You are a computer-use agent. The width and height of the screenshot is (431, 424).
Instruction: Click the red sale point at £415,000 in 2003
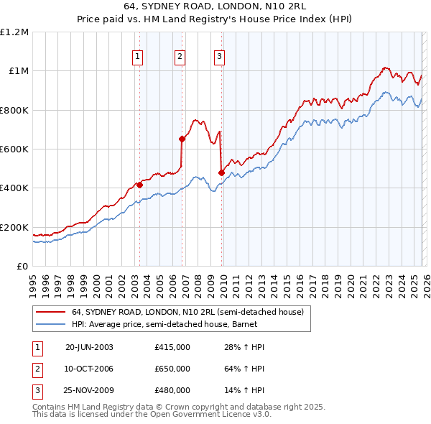[140, 185]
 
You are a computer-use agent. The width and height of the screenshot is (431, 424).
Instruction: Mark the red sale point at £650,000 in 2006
[182, 139]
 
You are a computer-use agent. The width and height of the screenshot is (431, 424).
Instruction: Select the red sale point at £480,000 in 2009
[221, 172]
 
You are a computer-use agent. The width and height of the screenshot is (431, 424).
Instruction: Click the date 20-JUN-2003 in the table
[89, 347]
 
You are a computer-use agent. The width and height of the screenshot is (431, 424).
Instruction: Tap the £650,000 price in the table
[172, 369]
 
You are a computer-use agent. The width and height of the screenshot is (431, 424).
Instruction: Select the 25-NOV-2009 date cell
[89, 390]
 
